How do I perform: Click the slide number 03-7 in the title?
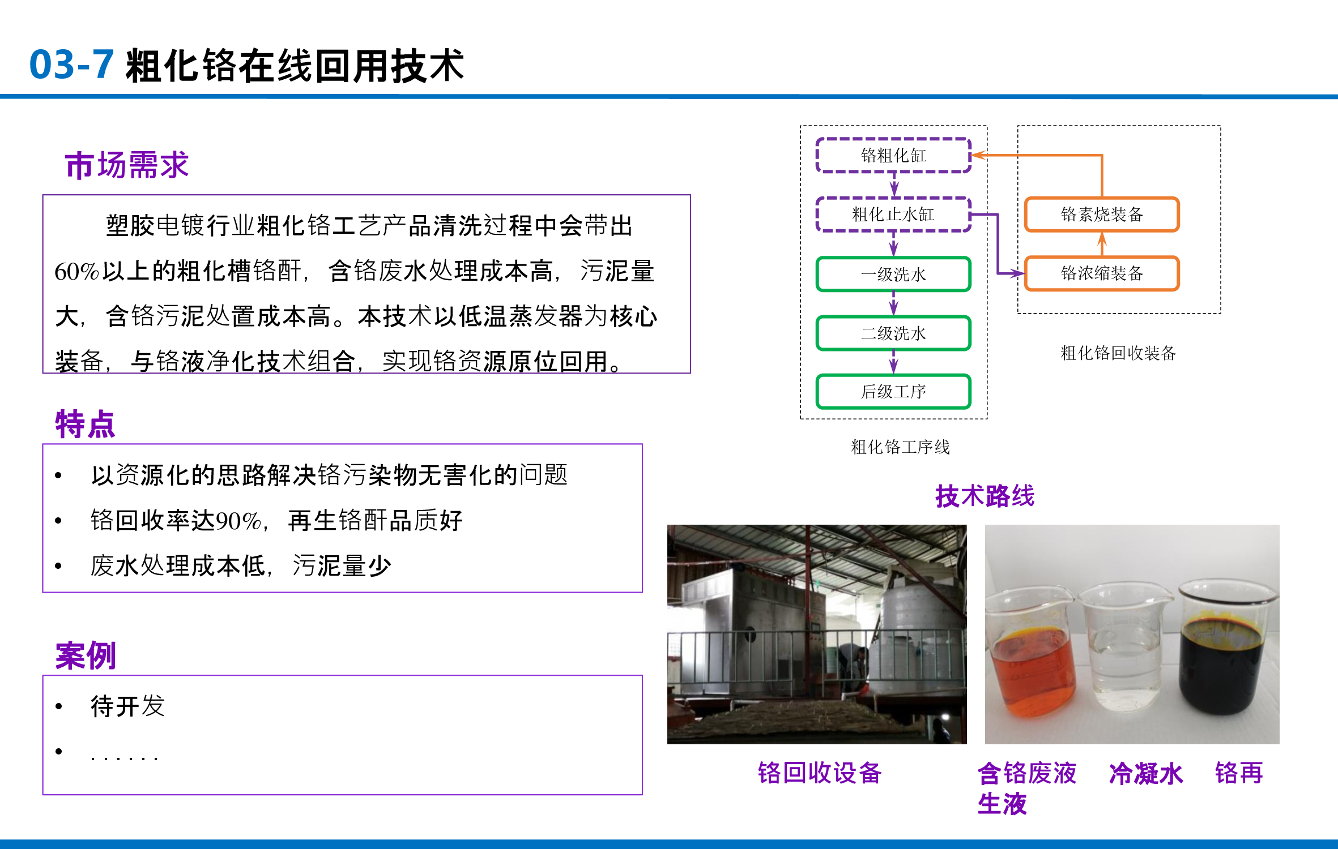point(71,65)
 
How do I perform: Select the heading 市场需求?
point(127,166)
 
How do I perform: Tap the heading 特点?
point(85,424)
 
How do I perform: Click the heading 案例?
point(86,656)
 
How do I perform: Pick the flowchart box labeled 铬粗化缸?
point(893,155)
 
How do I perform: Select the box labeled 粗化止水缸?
point(893,215)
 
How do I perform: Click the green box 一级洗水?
point(893,275)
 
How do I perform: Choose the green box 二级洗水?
point(893,333)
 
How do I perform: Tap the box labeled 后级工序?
point(893,392)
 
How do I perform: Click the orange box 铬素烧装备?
point(1102,215)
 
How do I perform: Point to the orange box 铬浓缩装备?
point(1102,274)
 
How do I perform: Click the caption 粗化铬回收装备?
point(1118,353)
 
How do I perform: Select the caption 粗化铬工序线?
point(900,447)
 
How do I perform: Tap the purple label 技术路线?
point(985,496)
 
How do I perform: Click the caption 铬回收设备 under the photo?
point(820,773)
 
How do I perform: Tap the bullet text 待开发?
point(128,706)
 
